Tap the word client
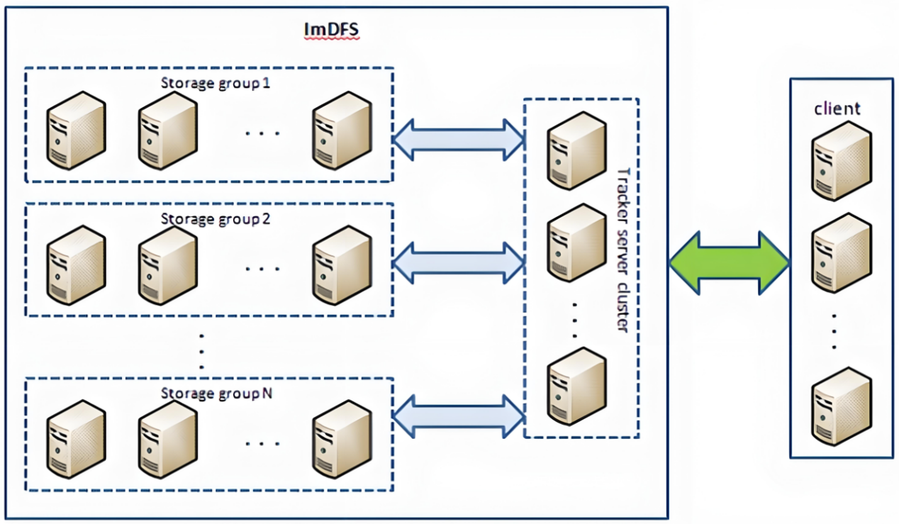(x=837, y=108)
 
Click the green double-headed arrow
(x=729, y=263)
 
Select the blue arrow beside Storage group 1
(x=458, y=139)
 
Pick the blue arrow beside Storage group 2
(x=458, y=263)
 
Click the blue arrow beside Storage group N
(x=458, y=416)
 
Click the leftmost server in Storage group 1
(x=76, y=130)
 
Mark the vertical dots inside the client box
(x=835, y=331)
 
